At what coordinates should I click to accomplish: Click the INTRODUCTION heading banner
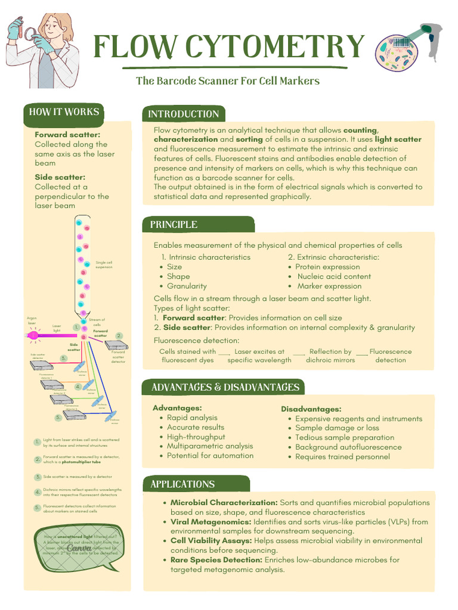coord(184,114)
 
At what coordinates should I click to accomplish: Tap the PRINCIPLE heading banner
coord(174,225)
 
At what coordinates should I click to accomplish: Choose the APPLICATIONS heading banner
coord(182,484)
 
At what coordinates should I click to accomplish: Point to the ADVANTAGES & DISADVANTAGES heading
coord(225,387)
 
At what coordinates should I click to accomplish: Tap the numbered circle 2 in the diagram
coord(119,335)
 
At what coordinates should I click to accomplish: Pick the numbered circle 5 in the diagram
coord(58,418)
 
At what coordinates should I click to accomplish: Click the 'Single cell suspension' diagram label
coord(104,264)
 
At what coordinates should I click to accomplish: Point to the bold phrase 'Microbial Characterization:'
coord(224,503)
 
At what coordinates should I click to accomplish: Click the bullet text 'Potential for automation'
coord(210,456)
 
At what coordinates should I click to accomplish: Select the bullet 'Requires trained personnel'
coord(342,457)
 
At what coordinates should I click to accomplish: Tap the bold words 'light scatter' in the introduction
coord(398,139)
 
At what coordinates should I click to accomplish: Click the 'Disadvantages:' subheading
coord(311,409)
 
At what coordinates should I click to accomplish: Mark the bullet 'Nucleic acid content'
coord(334,276)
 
